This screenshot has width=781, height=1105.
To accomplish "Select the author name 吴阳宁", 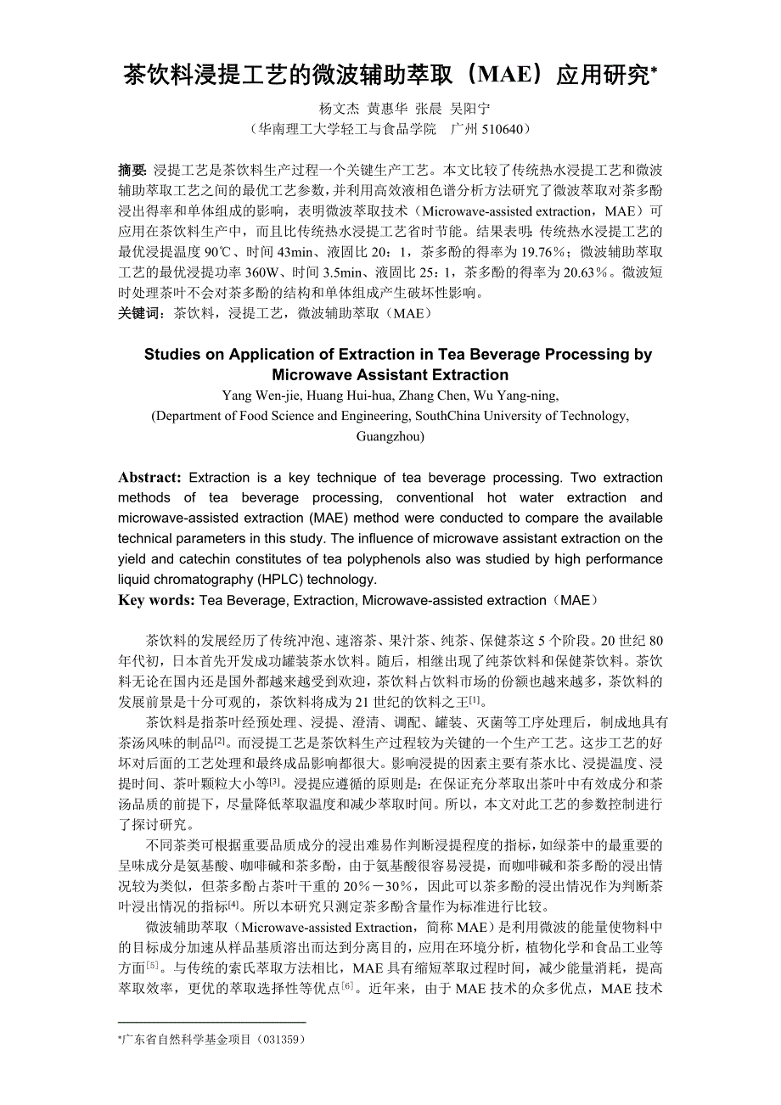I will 469,109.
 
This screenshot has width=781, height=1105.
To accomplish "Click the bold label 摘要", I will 132,170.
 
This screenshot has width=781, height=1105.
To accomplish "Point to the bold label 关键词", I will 141,313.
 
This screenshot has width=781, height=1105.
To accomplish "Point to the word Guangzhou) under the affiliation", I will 390,436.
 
